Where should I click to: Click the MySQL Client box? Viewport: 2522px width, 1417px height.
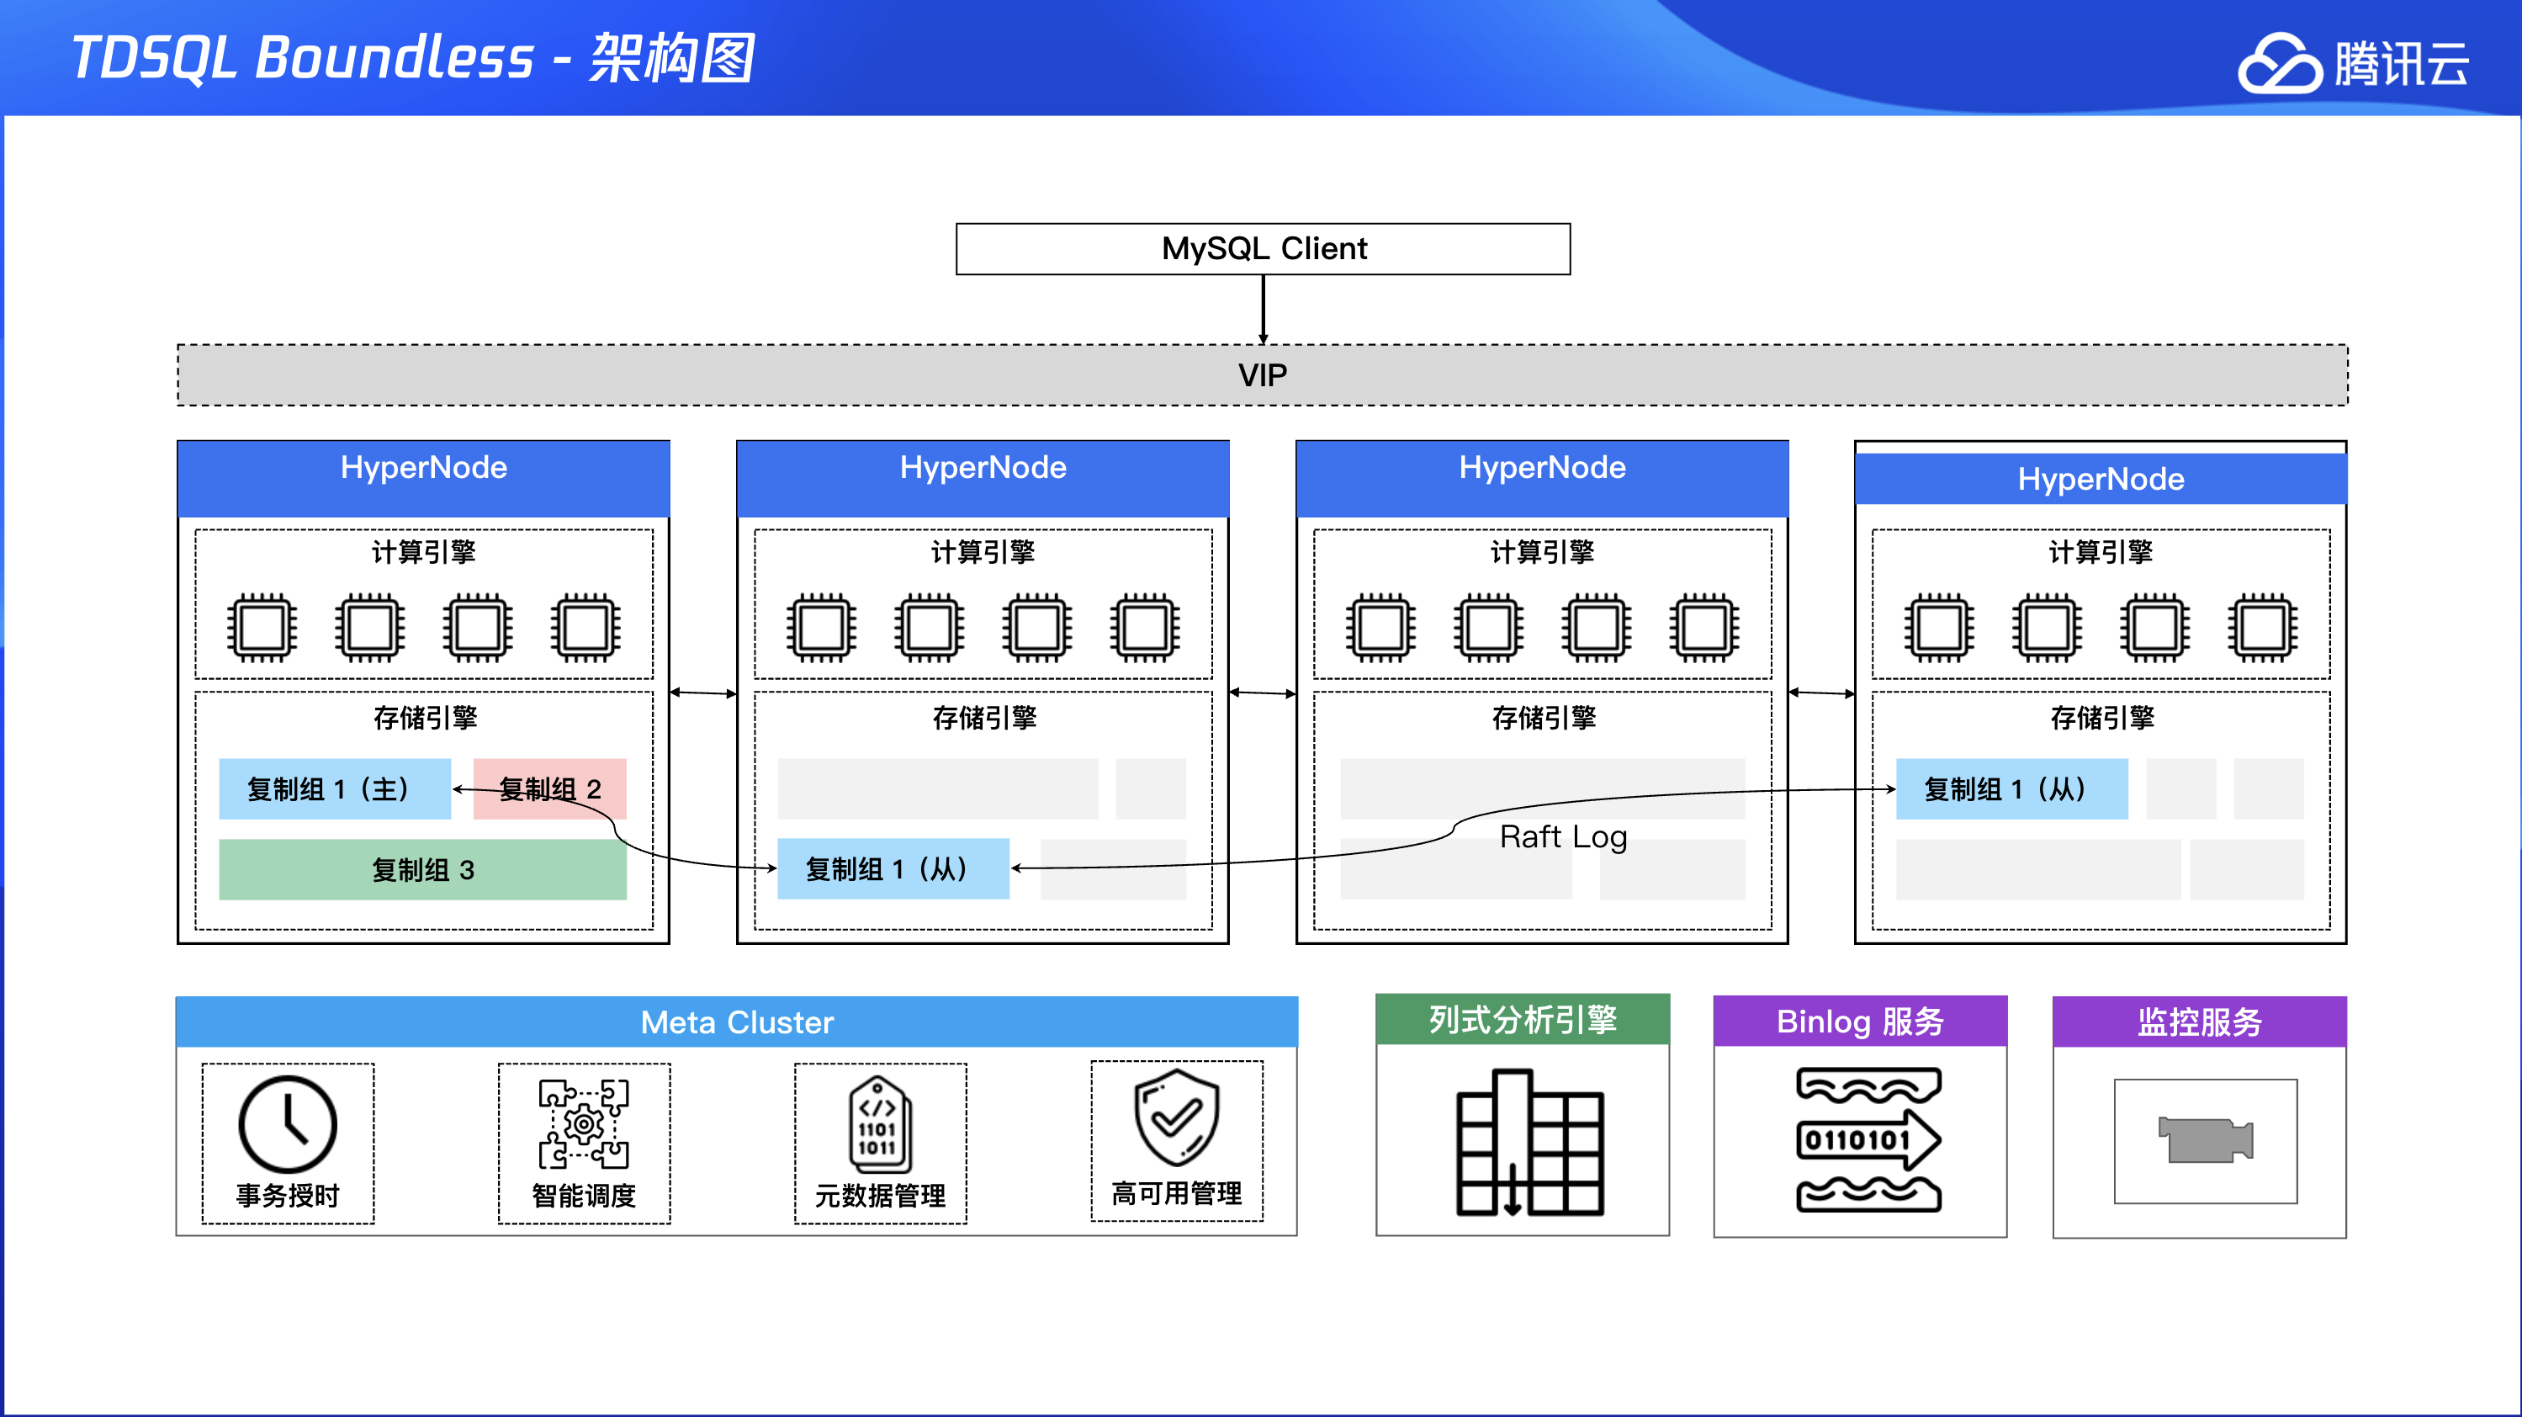point(1263,249)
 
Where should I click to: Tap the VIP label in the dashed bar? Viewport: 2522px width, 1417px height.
point(1262,375)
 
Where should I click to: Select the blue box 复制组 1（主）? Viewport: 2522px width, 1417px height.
point(334,789)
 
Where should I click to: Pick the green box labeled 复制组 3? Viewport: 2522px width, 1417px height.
point(422,869)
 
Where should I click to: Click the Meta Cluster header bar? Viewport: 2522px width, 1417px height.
point(736,1022)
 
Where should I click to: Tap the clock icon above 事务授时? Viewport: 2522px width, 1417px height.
point(288,1124)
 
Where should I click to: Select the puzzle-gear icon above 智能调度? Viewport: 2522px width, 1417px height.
point(584,1124)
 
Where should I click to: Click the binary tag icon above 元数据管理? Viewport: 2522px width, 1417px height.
point(879,1124)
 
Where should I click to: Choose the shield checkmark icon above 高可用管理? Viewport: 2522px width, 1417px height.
point(1176,1117)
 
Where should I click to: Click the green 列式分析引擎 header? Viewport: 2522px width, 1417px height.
point(1522,1021)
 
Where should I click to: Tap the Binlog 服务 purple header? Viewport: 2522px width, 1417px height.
point(1859,1022)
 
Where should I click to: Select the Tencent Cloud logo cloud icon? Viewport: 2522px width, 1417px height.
point(2279,64)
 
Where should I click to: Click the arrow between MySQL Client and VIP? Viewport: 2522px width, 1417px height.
point(1263,310)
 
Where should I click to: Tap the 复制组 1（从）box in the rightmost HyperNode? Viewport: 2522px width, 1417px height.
point(2011,789)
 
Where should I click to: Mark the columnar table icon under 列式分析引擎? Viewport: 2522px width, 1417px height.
point(1529,1144)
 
